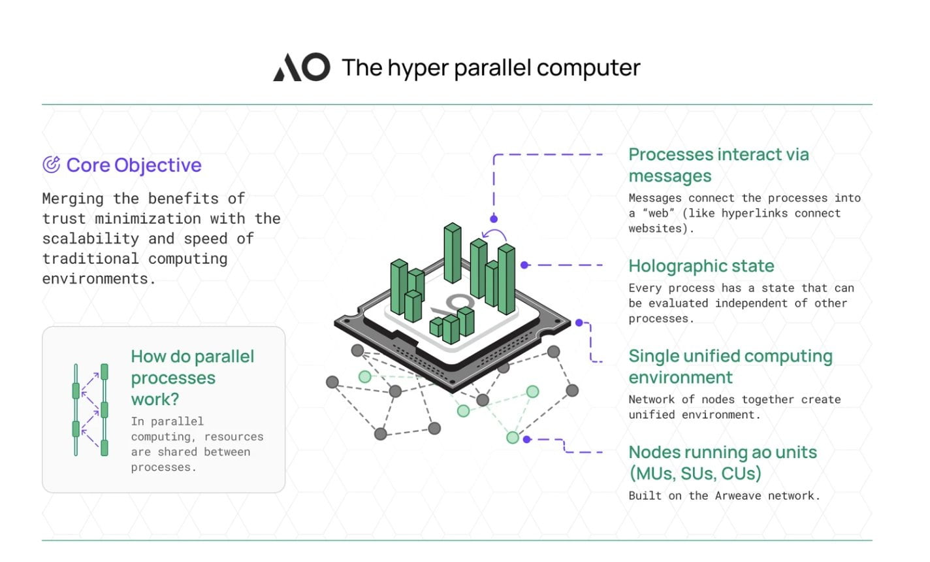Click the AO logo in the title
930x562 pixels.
(x=301, y=68)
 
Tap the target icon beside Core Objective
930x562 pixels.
(x=51, y=165)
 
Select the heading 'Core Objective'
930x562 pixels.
(x=134, y=165)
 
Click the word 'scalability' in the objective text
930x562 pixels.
(x=91, y=239)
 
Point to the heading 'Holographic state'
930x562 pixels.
(x=701, y=266)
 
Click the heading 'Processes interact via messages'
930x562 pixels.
(x=718, y=165)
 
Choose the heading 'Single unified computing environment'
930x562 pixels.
(x=730, y=367)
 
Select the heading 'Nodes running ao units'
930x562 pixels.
(x=722, y=462)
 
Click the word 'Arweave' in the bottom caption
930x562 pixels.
(x=738, y=495)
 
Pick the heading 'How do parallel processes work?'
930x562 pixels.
(x=192, y=378)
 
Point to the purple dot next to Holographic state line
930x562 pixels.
(x=524, y=265)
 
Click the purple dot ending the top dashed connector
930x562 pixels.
(x=494, y=219)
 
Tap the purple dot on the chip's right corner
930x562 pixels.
(x=579, y=323)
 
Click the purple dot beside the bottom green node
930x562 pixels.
(x=527, y=440)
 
